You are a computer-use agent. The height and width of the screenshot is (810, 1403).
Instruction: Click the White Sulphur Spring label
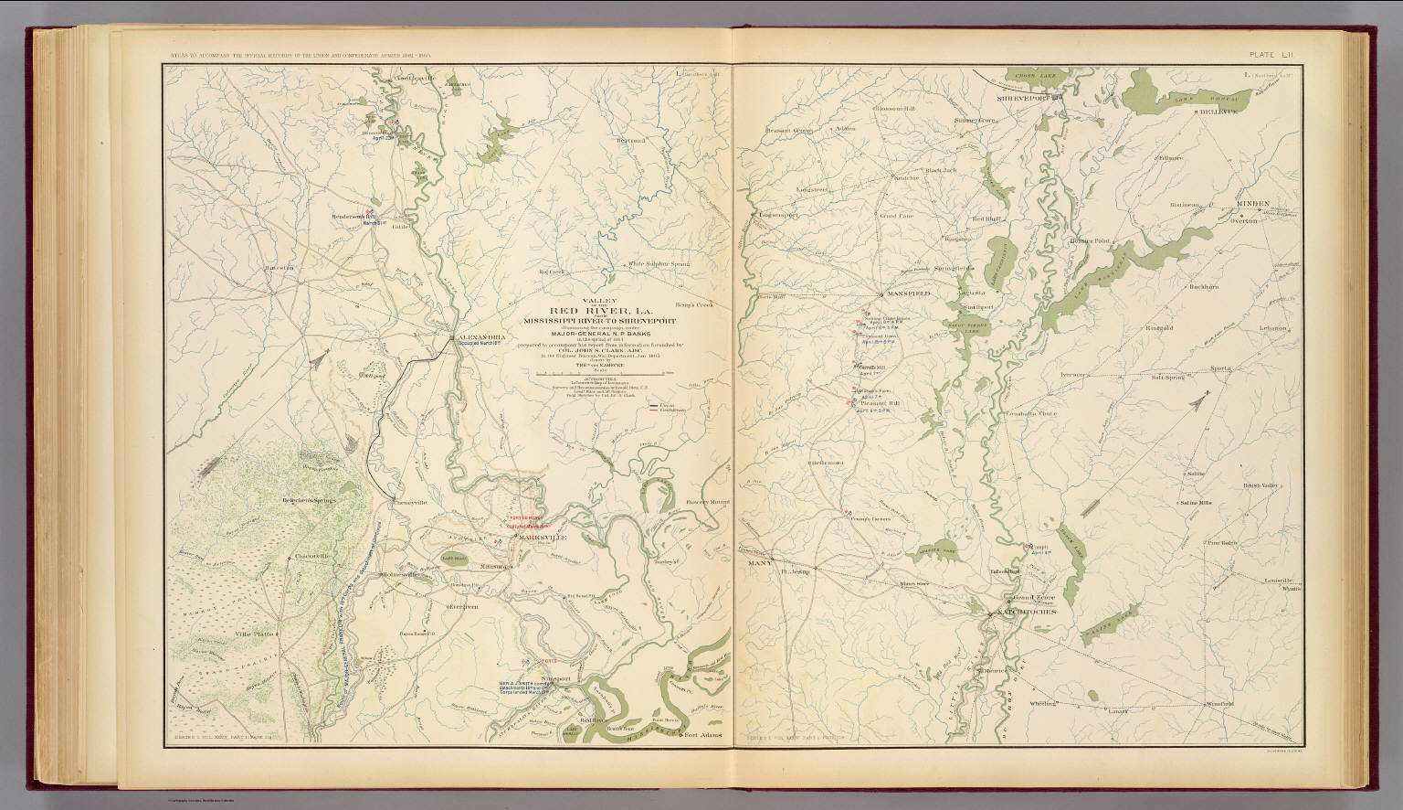[x=657, y=264]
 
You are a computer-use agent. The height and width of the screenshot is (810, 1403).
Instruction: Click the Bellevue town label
[x=1217, y=112]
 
